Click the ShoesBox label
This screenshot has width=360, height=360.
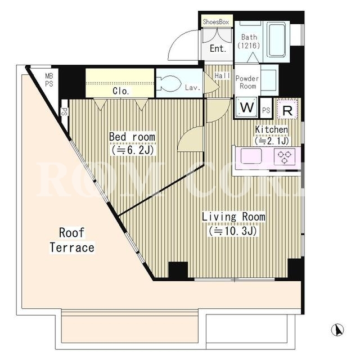[216, 22]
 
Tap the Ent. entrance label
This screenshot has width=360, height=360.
[218, 48]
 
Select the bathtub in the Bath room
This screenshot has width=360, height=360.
[277, 40]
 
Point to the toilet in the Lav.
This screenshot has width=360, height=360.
[169, 84]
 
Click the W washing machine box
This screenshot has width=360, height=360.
[246, 107]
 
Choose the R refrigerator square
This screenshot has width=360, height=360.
[287, 109]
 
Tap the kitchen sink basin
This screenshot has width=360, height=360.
[251, 156]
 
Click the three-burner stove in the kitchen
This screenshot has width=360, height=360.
[285, 157]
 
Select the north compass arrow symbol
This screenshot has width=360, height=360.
[337, 330]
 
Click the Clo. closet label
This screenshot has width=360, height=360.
[121, 91]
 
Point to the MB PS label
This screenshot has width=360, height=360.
[49, 80]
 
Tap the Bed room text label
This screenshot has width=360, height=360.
[132, 137]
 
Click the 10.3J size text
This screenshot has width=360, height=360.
[232, 231]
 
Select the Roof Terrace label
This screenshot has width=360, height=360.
[72, 240]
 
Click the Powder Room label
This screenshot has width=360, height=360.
[247, 82]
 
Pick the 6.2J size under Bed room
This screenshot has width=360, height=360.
[133, 150]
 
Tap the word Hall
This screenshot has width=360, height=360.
[222, 75]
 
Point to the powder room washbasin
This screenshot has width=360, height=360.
[269, 79]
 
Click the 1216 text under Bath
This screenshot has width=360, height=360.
[249, 46]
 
